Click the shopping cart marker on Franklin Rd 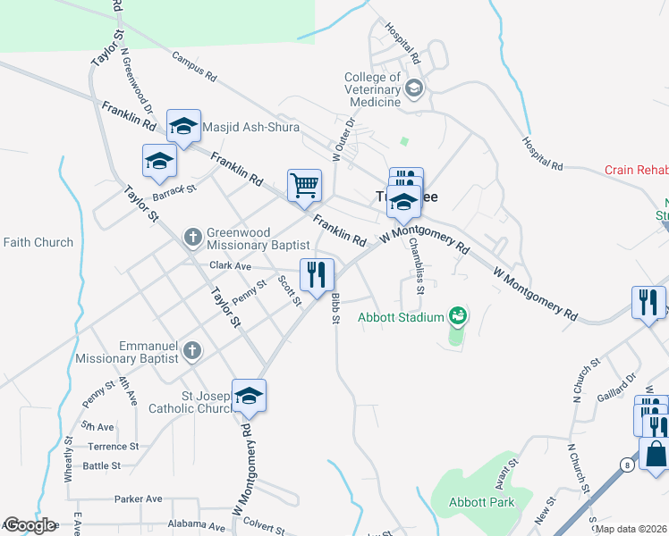point(304,186)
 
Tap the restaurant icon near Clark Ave point(316,274)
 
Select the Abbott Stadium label point(401,316)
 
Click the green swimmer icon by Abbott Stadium point(459,314)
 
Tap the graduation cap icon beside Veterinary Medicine point(414,88)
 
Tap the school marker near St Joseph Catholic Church point(249,397)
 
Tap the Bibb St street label point(335,308)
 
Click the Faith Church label point(38,242)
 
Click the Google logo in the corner point(29,525)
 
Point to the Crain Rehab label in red point(636,169)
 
